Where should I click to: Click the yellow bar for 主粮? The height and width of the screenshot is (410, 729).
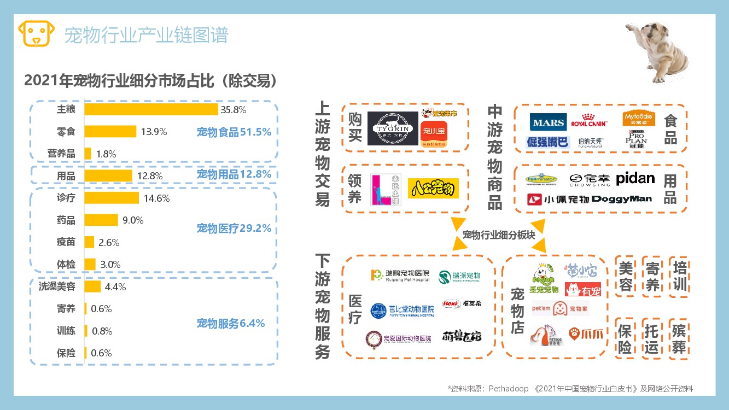151,109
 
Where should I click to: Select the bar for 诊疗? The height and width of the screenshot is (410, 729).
112,198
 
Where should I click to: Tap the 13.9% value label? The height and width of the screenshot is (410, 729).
154,132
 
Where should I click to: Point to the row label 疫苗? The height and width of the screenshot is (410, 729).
66,242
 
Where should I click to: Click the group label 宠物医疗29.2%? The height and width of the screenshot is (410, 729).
234,229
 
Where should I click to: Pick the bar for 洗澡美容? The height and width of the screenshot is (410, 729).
92,286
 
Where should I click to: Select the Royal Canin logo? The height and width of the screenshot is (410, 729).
590,121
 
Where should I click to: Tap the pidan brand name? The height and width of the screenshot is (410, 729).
635,179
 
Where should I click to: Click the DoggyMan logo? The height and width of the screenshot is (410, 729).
622,199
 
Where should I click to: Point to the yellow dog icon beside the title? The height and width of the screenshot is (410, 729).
37,34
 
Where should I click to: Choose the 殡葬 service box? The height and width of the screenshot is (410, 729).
679,338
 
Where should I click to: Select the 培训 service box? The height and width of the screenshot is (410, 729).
680,276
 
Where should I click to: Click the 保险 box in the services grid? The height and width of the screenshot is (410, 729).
625,338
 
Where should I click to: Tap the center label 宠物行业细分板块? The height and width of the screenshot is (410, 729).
498,235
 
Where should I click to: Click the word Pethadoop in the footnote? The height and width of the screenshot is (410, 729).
509,389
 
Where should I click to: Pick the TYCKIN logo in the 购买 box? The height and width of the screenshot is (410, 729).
393,129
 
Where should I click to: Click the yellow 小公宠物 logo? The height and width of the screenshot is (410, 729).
433,189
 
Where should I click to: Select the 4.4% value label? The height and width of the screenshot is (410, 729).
115,286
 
